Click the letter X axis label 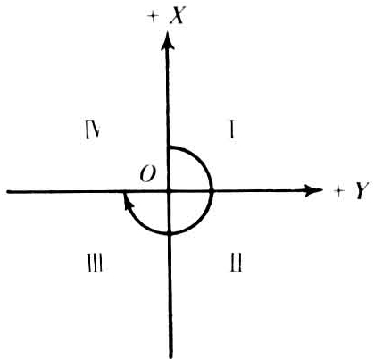tap(178, 16)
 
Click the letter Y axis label tap(362, 191)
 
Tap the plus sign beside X tap(153, 17)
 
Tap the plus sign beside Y tap(338, 192)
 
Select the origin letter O tap(147, 174)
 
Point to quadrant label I tap(233, 130)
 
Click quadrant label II tap(237, 262)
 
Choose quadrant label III tap(96, 263)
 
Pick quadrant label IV tap(92, 130)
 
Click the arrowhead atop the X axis tap(168, 42)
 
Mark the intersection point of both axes tap(170, 192)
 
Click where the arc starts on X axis tap(169, 147)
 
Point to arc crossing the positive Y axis tap(212, 191)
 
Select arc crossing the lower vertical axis tap(170, 233)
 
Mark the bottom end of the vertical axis tap(171, 357)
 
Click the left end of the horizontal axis tap(8, 192)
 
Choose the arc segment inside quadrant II tap(200, 222)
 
